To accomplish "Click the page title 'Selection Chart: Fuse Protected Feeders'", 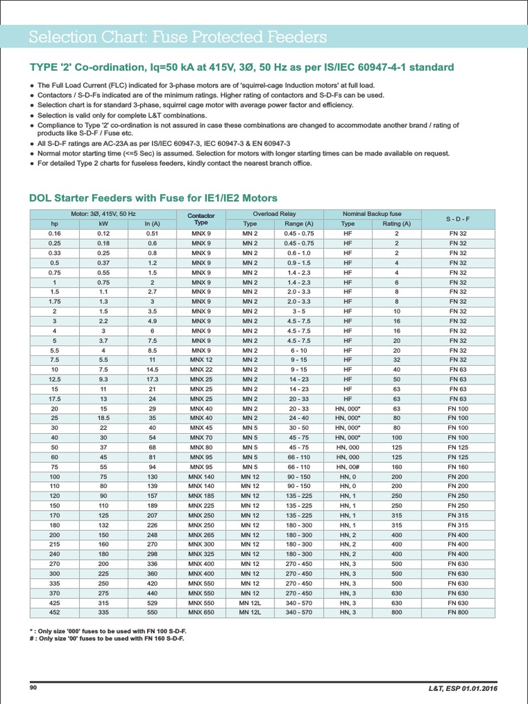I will tap(177, 36).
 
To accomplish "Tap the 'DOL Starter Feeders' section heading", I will tap(153, 198).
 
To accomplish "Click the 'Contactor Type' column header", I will tap(201, 219).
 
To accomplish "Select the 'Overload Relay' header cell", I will tap(274, 214).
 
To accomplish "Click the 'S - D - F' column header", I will tap(457, 219).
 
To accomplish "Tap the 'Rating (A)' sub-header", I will tap(397, 223).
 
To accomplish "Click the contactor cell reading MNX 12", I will tap(201, 360).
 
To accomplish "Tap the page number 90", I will tap(33, 688).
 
